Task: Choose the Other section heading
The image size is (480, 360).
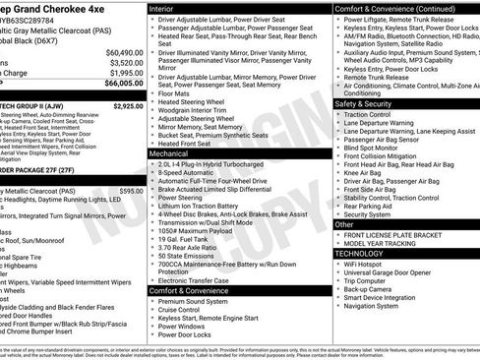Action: click(344, 224)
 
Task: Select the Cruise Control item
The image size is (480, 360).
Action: click(184, 309)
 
